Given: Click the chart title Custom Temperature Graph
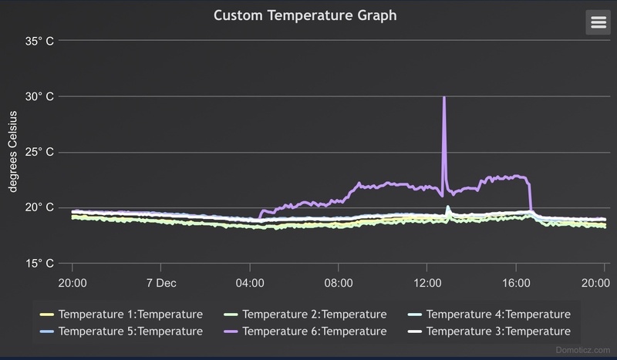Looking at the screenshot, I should click(305, 15).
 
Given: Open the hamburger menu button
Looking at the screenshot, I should click(598, 22).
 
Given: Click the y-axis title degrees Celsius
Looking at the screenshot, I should click(13, 153).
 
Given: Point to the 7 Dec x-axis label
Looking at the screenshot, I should click(160, 282).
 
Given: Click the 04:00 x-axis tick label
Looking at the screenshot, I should click(250, 282).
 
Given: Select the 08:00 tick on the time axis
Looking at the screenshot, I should click(339, 282).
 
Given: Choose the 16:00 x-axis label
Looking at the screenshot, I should click(517, 282).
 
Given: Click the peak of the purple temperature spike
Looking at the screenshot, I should click(443, 98).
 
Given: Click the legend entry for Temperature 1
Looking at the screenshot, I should click(121, 314).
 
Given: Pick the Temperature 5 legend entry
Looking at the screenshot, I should click(121, 331).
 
